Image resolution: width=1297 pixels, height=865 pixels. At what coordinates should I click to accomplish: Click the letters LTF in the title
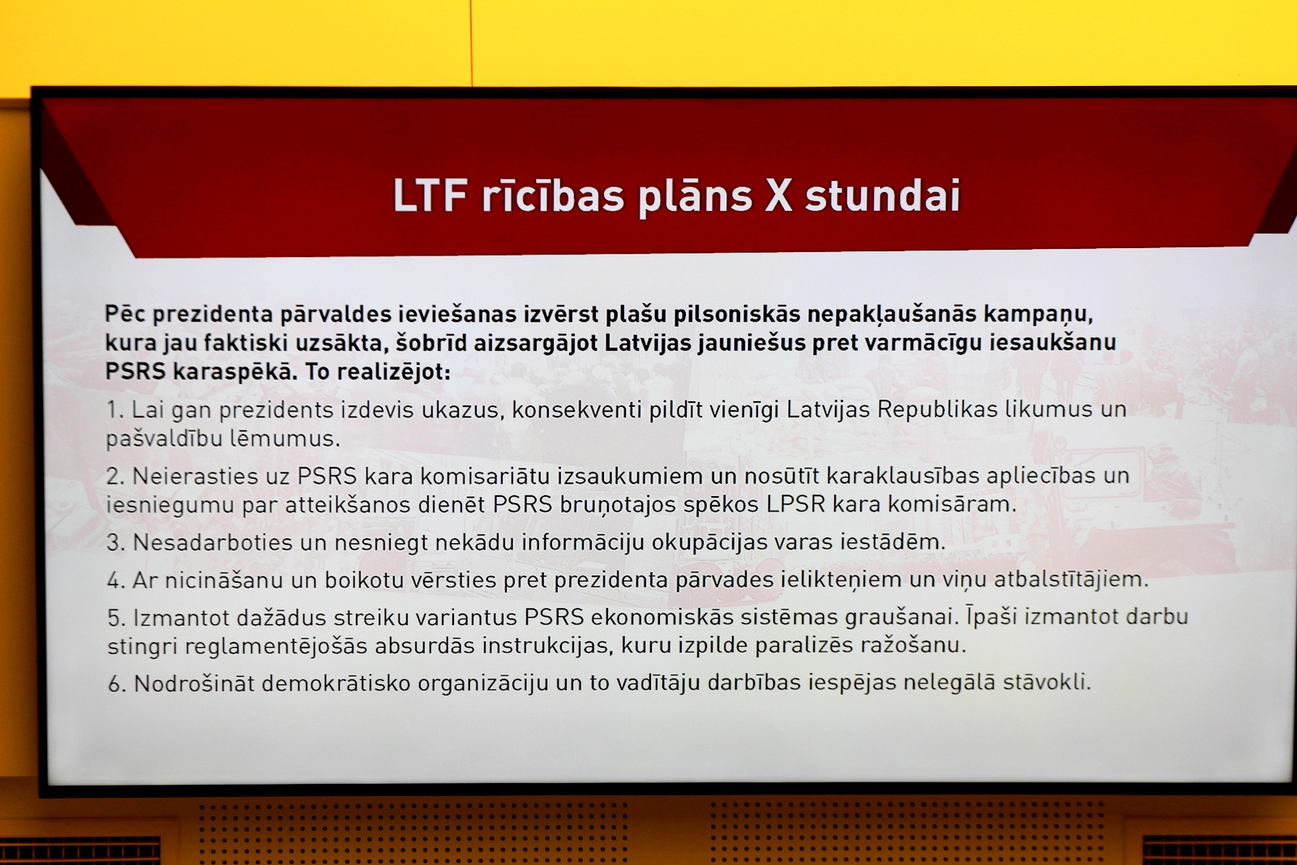pos(430,195)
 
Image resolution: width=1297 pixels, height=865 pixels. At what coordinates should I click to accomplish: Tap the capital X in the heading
pos(778,195)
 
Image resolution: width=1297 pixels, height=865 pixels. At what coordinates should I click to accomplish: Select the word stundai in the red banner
pos(883,195)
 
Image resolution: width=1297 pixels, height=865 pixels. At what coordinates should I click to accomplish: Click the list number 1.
pos(114,410)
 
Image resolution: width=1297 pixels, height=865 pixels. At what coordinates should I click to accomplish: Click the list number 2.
pos(115,477)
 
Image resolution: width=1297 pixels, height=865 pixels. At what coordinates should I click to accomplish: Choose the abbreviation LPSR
pos(795,504)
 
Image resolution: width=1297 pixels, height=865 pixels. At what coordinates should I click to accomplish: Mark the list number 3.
pos(116,543)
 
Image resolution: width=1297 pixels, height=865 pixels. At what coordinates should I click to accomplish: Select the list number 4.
pos(116,580)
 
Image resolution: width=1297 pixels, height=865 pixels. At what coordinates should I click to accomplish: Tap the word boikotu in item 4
pos(363,580)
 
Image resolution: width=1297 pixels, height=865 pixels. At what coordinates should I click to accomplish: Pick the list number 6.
pos(117,684)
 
